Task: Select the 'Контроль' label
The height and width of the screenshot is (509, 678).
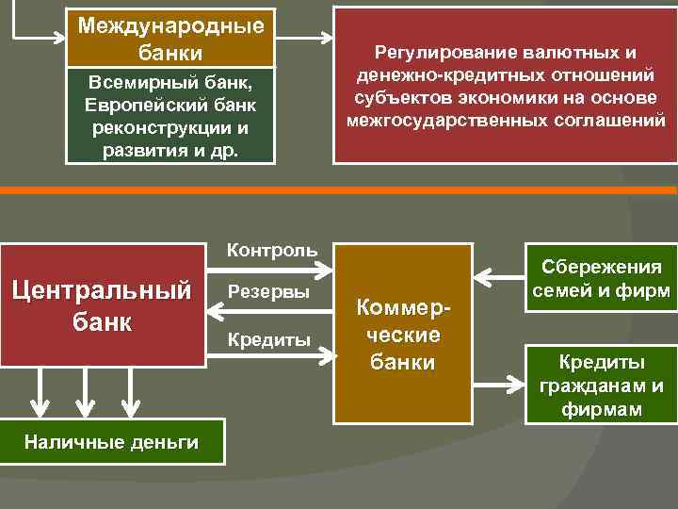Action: click(x=272, y=251)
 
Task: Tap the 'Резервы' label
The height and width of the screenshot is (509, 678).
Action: click(x=268, y=292)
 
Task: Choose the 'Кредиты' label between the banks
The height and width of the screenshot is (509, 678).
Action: click(x=268, y=339)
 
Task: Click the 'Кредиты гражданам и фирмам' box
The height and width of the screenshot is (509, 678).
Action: click(x=601, y=385)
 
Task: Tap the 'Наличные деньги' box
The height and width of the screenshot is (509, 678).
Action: click(x=111, y=441)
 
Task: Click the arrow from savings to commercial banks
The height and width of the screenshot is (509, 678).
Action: click(x=500, y=277)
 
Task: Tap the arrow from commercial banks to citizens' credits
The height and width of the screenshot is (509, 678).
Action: click(x=500, y=384)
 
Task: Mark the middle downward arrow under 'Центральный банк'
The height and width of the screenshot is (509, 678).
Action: click(x=86, y=392)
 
